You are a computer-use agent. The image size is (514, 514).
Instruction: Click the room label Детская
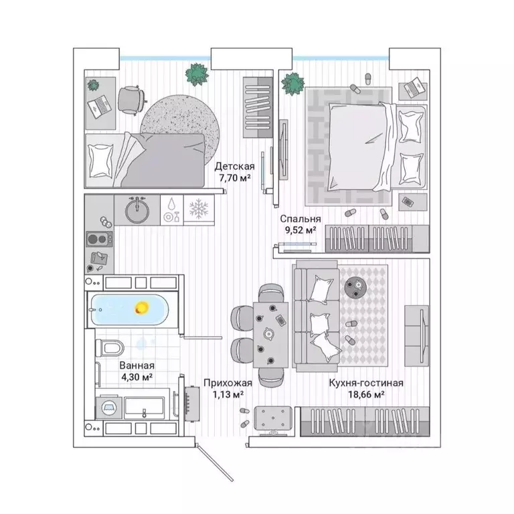pos(235,166)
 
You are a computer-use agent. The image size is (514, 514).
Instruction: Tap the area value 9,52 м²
pos(299,230)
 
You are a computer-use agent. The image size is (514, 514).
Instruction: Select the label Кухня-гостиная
pos(365,383)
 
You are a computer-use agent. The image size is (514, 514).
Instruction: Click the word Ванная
pos(137,365)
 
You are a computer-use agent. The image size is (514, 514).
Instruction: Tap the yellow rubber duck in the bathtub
pos(142,307)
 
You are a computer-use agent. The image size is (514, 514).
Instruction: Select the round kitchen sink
pos(138,209)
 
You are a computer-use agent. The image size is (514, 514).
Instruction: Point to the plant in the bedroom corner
pos(292,84)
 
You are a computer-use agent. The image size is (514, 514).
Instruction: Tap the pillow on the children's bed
pos(102,158)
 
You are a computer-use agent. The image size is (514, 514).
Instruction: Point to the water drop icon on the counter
pos(171,204)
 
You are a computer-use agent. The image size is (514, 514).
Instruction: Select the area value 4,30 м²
pos(137,377)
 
